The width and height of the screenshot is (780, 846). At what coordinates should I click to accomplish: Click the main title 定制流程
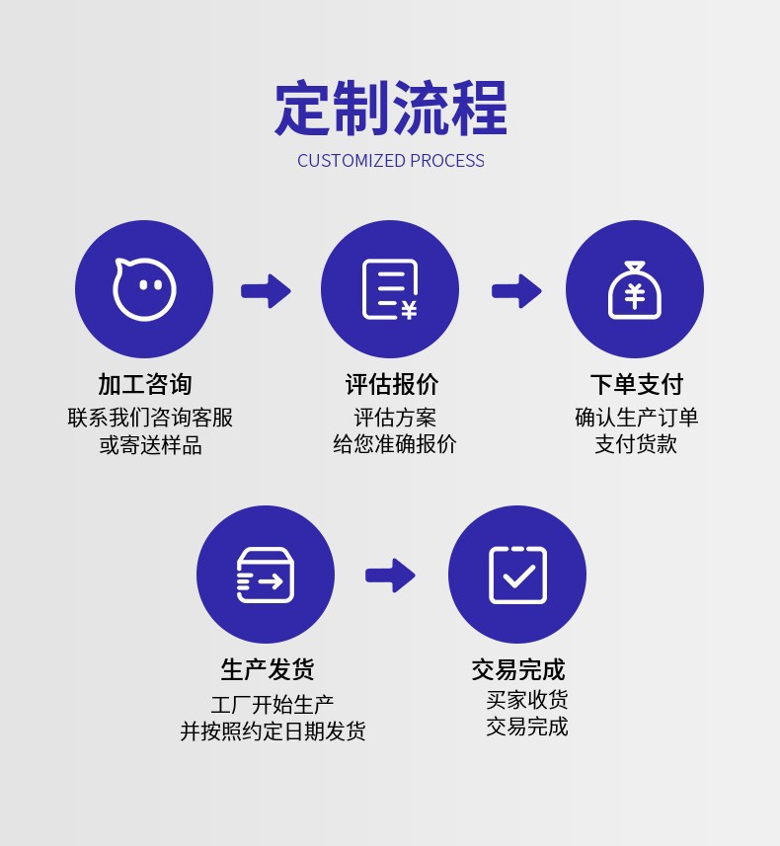coord(390,108)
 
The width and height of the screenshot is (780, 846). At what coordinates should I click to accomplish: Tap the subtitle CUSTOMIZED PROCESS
coord(390,161)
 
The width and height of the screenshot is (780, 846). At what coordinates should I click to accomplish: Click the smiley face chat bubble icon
coord(144,289)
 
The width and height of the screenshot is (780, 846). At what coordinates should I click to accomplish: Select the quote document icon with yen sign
coord(389,289)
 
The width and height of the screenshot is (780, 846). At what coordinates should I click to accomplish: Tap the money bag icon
coord(634,289)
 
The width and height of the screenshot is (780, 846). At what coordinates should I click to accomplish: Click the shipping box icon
coord(265,575)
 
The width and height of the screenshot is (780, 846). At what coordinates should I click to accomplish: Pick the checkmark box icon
coord(517,575)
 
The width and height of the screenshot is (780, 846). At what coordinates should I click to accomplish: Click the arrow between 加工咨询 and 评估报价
coord(266,291)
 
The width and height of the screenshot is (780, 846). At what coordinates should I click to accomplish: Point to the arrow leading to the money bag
coord(516,291)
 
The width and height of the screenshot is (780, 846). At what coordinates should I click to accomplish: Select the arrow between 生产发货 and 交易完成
coord(390,576)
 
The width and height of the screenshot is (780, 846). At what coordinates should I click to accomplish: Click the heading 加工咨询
coord(144,384)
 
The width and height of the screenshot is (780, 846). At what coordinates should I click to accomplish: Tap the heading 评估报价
coord(391,384)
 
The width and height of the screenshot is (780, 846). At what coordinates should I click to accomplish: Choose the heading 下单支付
coord(636,384)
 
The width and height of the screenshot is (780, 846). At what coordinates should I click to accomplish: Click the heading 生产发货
coord(267,669)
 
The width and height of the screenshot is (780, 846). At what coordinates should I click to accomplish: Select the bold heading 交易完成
coord(517,669)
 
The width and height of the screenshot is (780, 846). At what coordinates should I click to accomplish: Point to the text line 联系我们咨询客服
coord(150,418)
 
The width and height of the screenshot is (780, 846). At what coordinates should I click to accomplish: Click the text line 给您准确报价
coord(395,444)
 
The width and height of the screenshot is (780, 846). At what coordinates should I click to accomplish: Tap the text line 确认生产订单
coord(636,418)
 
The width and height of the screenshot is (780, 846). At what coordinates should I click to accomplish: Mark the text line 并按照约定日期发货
coord(273,731)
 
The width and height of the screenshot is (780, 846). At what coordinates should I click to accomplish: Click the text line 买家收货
coord(527,701)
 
